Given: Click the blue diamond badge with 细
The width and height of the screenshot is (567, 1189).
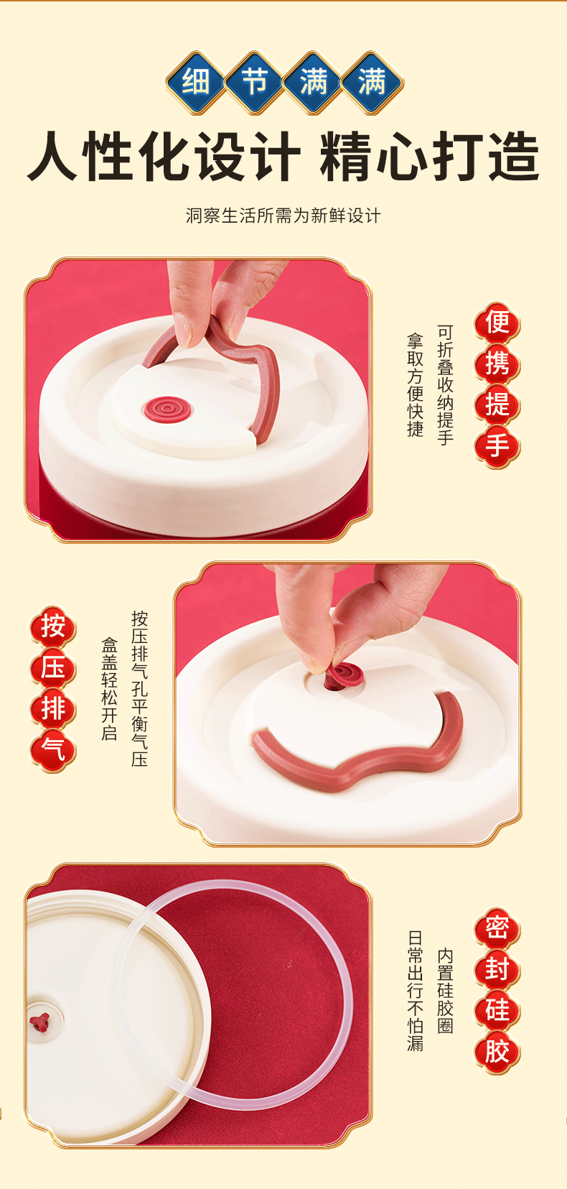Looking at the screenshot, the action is [196, 83].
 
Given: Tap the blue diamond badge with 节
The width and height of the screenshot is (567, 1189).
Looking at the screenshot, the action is [255, 83].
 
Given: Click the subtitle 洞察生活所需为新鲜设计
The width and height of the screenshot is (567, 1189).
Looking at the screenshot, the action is [283, 216].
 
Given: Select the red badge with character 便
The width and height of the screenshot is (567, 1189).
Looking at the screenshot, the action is [497, 323].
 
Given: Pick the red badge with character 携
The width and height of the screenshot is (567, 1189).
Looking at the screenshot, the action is [497, 364].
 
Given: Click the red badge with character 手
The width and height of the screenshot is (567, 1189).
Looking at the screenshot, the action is [497, 447].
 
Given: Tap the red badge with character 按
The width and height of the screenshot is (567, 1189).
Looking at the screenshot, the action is [53, 627].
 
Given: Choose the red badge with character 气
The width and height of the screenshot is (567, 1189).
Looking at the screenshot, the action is [53, 751].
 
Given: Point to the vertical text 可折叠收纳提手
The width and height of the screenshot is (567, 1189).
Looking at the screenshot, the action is [445, 385].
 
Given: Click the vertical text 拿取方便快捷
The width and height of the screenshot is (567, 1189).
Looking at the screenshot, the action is [415, 385].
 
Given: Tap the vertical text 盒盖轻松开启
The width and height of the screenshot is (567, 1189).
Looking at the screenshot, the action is [109, 689].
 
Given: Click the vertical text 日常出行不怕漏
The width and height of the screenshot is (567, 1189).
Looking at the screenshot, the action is [415, 991].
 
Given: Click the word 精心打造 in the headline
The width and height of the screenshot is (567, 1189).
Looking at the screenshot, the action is [429, 157].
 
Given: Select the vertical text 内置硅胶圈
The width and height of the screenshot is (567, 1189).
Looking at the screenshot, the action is [445, 991].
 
